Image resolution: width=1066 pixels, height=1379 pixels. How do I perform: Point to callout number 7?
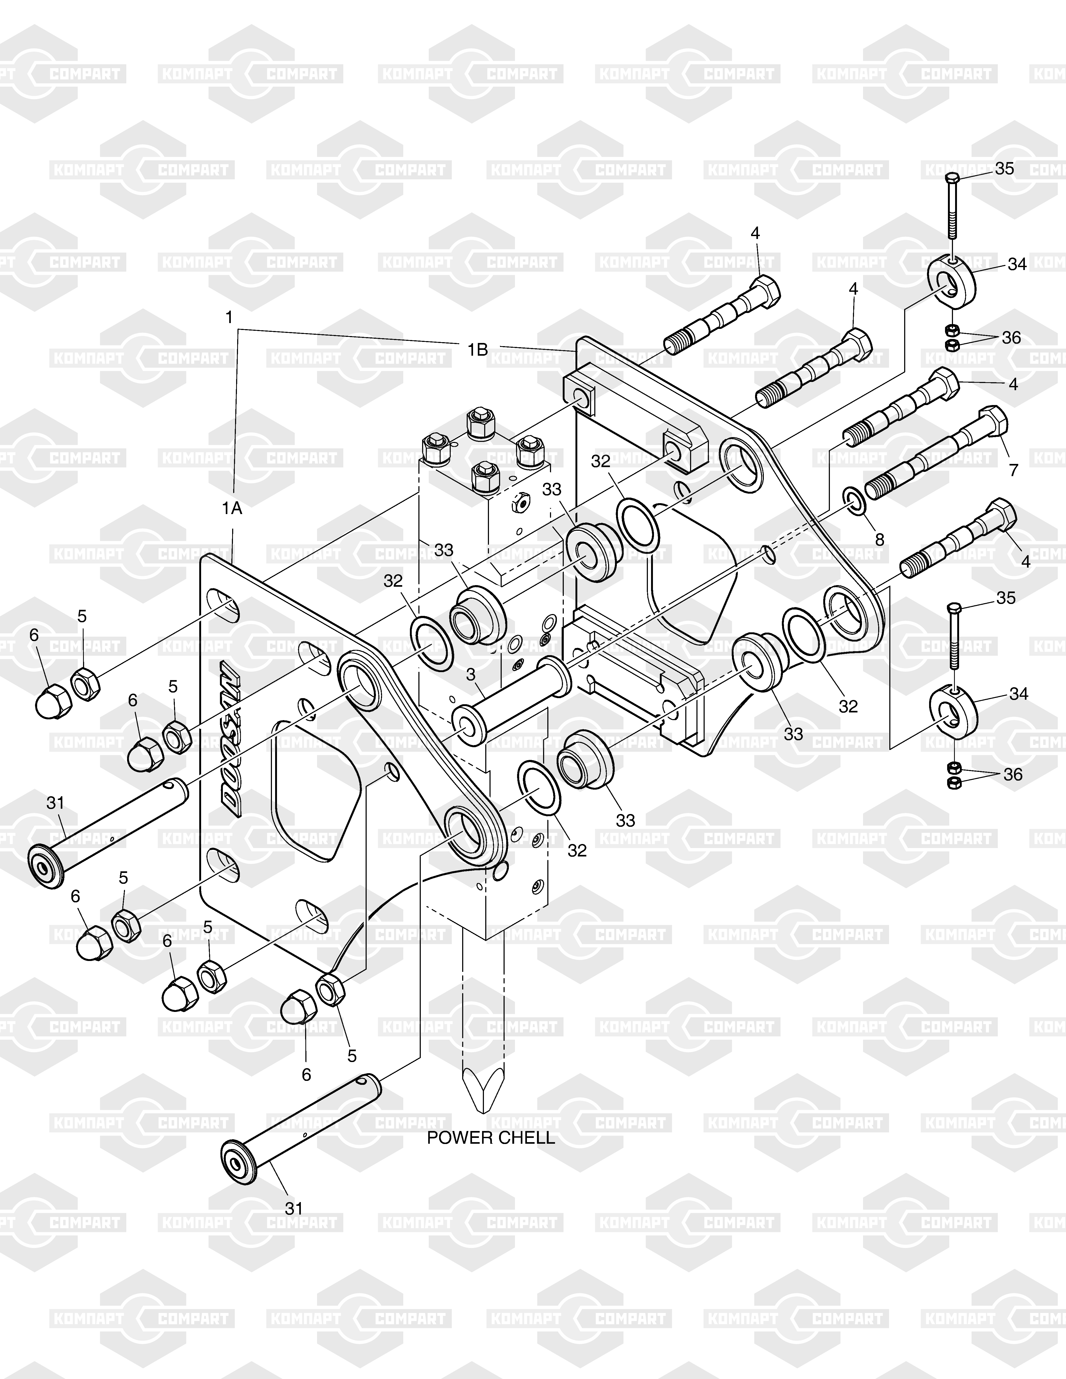click(1014, 470)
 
